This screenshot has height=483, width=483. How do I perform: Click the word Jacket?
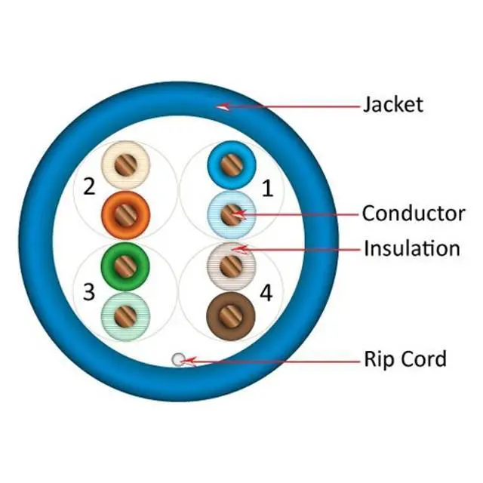[x=392, y=105]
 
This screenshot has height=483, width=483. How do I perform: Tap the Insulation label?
[x=411, y=248]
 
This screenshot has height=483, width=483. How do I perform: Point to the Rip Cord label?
[x=405, y=359]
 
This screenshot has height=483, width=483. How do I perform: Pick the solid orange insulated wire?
[x=125, y=214]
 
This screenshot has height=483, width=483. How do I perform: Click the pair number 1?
[x=266, y=189]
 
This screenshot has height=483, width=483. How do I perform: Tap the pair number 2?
[x=89, y=186]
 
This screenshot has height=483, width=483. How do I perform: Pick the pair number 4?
[x=266, y=293]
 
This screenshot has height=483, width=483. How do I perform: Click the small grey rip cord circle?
[x=178, y=360]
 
